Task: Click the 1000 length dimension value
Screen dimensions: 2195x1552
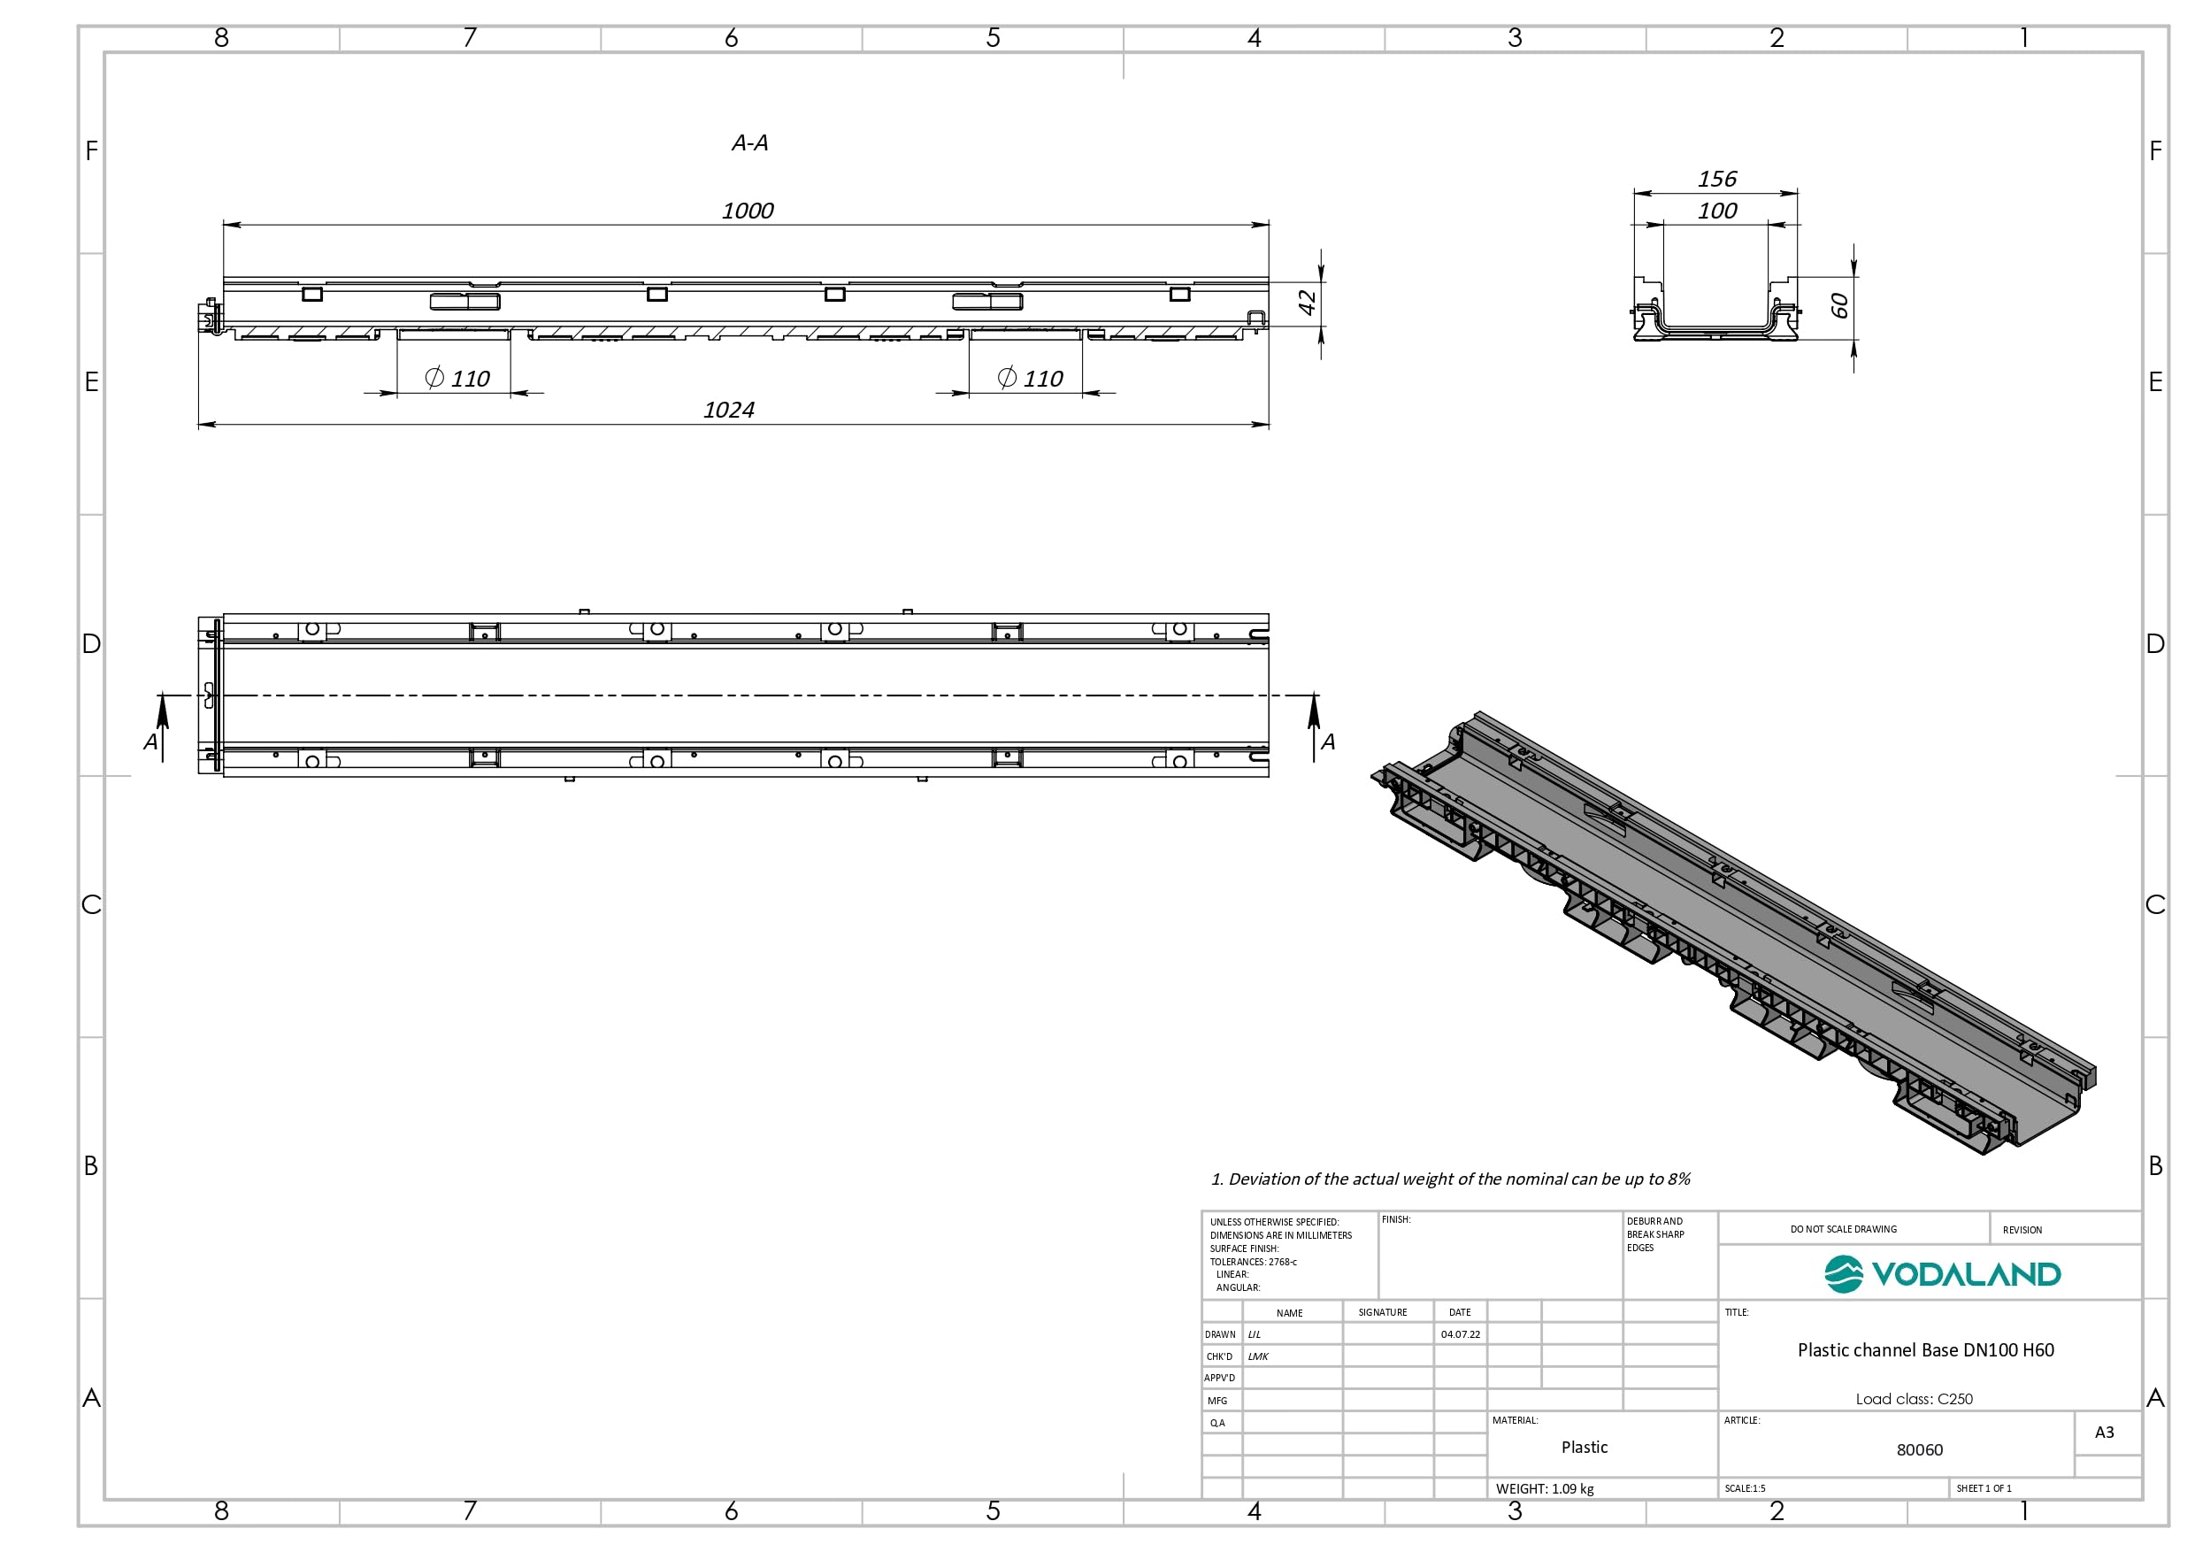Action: pos(748,211)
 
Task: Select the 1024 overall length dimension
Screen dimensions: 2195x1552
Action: pos(728,411)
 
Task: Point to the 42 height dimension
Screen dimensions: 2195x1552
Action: pos(1307,303)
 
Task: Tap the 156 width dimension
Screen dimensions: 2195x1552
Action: pos(1717,179)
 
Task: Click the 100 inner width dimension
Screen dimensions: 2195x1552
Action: pos(1717,211)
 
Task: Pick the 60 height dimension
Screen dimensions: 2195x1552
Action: pos(1839,306)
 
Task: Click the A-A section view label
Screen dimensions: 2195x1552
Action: pos(749,143)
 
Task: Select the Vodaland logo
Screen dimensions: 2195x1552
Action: pos(1943,1274)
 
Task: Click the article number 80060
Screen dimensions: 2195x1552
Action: pos(1920,1449)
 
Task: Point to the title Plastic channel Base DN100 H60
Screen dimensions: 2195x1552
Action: pos(1925,1350)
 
